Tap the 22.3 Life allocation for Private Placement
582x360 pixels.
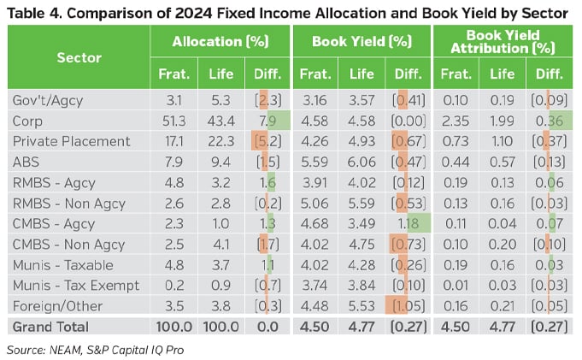pyautogui.click(x=220, y=140)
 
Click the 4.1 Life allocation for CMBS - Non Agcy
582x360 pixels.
pyautogui.click(x=220, y=244)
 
